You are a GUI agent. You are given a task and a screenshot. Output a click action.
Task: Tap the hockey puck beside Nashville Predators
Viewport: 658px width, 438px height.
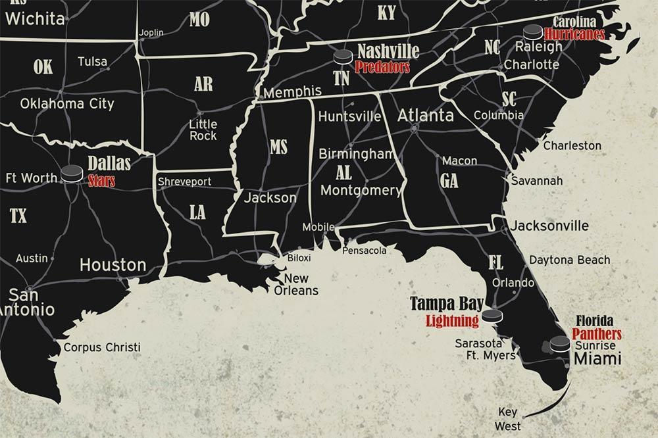tap(343, 57)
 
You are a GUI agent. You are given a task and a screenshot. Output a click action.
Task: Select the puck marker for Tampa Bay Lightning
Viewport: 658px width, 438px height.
tap(492, 316)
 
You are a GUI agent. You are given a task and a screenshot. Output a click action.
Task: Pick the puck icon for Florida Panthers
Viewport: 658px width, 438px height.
tap(560, 343)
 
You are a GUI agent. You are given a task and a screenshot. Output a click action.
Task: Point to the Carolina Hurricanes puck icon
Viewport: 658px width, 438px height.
tap(532, 32)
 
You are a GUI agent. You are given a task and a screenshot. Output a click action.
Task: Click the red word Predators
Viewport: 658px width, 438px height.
tap(382, 66)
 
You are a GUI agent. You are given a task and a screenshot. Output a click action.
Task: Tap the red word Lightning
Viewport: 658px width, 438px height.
tap(451, 321)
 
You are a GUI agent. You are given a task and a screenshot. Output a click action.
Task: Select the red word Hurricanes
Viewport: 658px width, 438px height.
tap(575, 34)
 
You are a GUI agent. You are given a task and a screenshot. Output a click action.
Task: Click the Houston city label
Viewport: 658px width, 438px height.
tap(113, 265)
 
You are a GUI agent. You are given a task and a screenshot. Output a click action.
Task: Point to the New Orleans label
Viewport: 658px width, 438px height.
tap(296, 284)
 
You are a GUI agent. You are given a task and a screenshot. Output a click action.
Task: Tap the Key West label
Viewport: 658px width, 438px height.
tap(507, 419)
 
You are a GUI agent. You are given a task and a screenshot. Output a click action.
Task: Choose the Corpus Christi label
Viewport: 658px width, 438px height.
tap(101, 347)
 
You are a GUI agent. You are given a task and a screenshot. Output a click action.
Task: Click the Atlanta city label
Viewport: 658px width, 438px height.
tap(425, 115)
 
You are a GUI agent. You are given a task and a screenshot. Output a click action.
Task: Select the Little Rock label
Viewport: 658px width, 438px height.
tap(203, 130)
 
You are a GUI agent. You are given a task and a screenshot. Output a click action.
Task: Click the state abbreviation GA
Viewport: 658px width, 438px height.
tap(449, 181)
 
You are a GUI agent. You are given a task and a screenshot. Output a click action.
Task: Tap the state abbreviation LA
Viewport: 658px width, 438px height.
tap(197, 212)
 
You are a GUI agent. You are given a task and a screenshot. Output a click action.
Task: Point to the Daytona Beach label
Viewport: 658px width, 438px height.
tap(569, 260)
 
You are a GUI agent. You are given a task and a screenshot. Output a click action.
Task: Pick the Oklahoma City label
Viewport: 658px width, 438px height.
tap(67, 103)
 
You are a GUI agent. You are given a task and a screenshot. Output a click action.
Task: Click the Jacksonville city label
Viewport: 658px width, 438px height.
tap(549, 226)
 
